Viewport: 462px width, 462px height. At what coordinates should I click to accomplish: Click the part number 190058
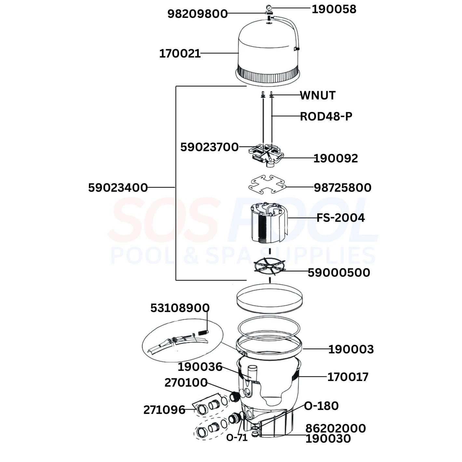[334, 9]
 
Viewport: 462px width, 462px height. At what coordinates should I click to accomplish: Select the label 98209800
[197, 14]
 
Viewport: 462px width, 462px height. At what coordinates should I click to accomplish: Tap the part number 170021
[180, 54]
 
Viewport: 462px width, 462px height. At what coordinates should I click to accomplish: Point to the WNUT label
[318, 96]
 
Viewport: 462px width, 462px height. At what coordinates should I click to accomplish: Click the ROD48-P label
[326, 116]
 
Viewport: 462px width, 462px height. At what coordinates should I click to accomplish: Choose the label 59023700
[210, 147]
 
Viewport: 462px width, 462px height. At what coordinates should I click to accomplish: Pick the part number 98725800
[343, 188]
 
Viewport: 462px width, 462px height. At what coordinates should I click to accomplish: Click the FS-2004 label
[341, 218]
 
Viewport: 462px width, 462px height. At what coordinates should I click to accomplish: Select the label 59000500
[339, 273]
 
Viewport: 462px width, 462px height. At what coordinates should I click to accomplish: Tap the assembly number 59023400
[118, 188]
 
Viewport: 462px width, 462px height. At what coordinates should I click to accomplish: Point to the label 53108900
[180, 308]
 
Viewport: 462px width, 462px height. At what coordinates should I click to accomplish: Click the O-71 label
[237, 438]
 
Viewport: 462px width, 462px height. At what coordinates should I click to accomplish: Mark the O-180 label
[321, 406]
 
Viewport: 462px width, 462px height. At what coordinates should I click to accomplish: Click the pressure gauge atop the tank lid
[269, 7]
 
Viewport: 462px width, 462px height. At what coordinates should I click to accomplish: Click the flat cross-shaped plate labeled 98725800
[267, 184]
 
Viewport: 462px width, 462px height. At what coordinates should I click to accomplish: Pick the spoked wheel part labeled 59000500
[269, 265]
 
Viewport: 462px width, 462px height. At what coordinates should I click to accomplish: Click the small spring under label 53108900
[203, 333]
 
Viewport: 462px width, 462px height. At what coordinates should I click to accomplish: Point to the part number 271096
[164, 410]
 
